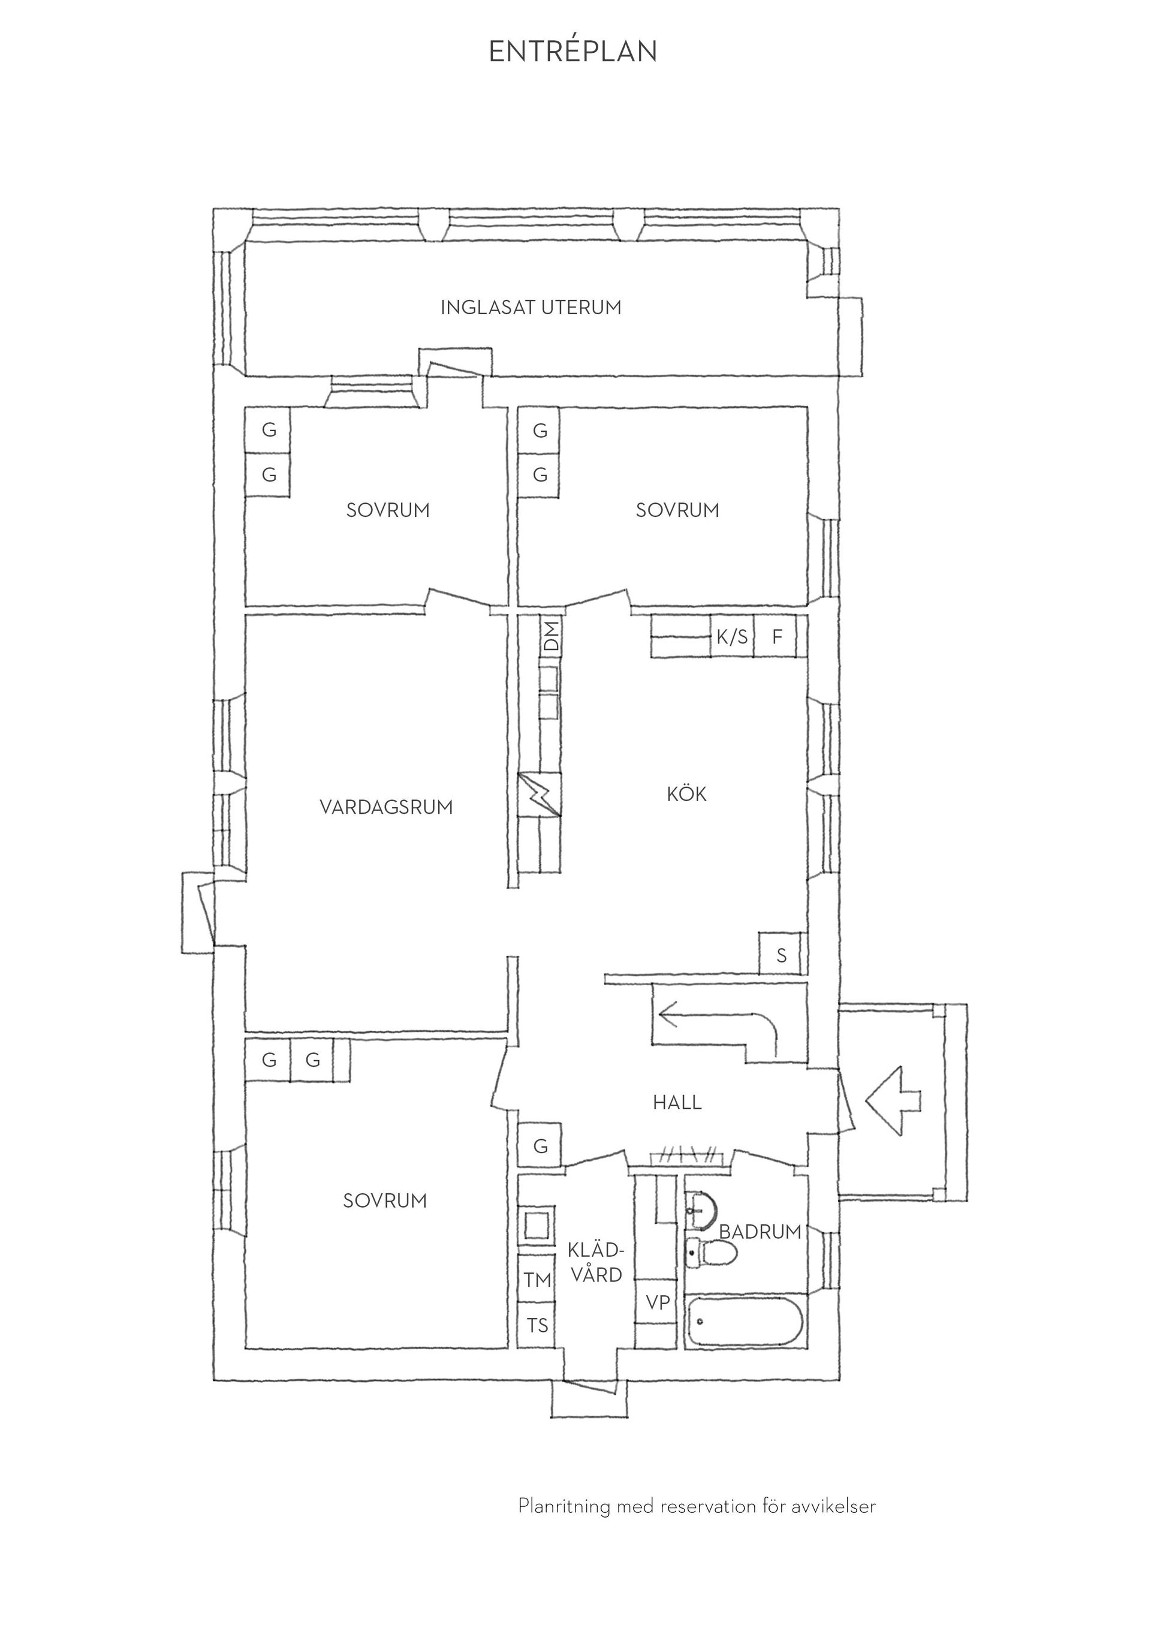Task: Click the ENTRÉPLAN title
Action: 573,51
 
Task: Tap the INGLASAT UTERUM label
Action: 531,308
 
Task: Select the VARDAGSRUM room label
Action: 386,807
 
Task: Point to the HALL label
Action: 677,1103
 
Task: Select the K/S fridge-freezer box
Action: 732,637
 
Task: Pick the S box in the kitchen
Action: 781,952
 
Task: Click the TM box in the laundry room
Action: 538,1280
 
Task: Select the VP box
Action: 658,1302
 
